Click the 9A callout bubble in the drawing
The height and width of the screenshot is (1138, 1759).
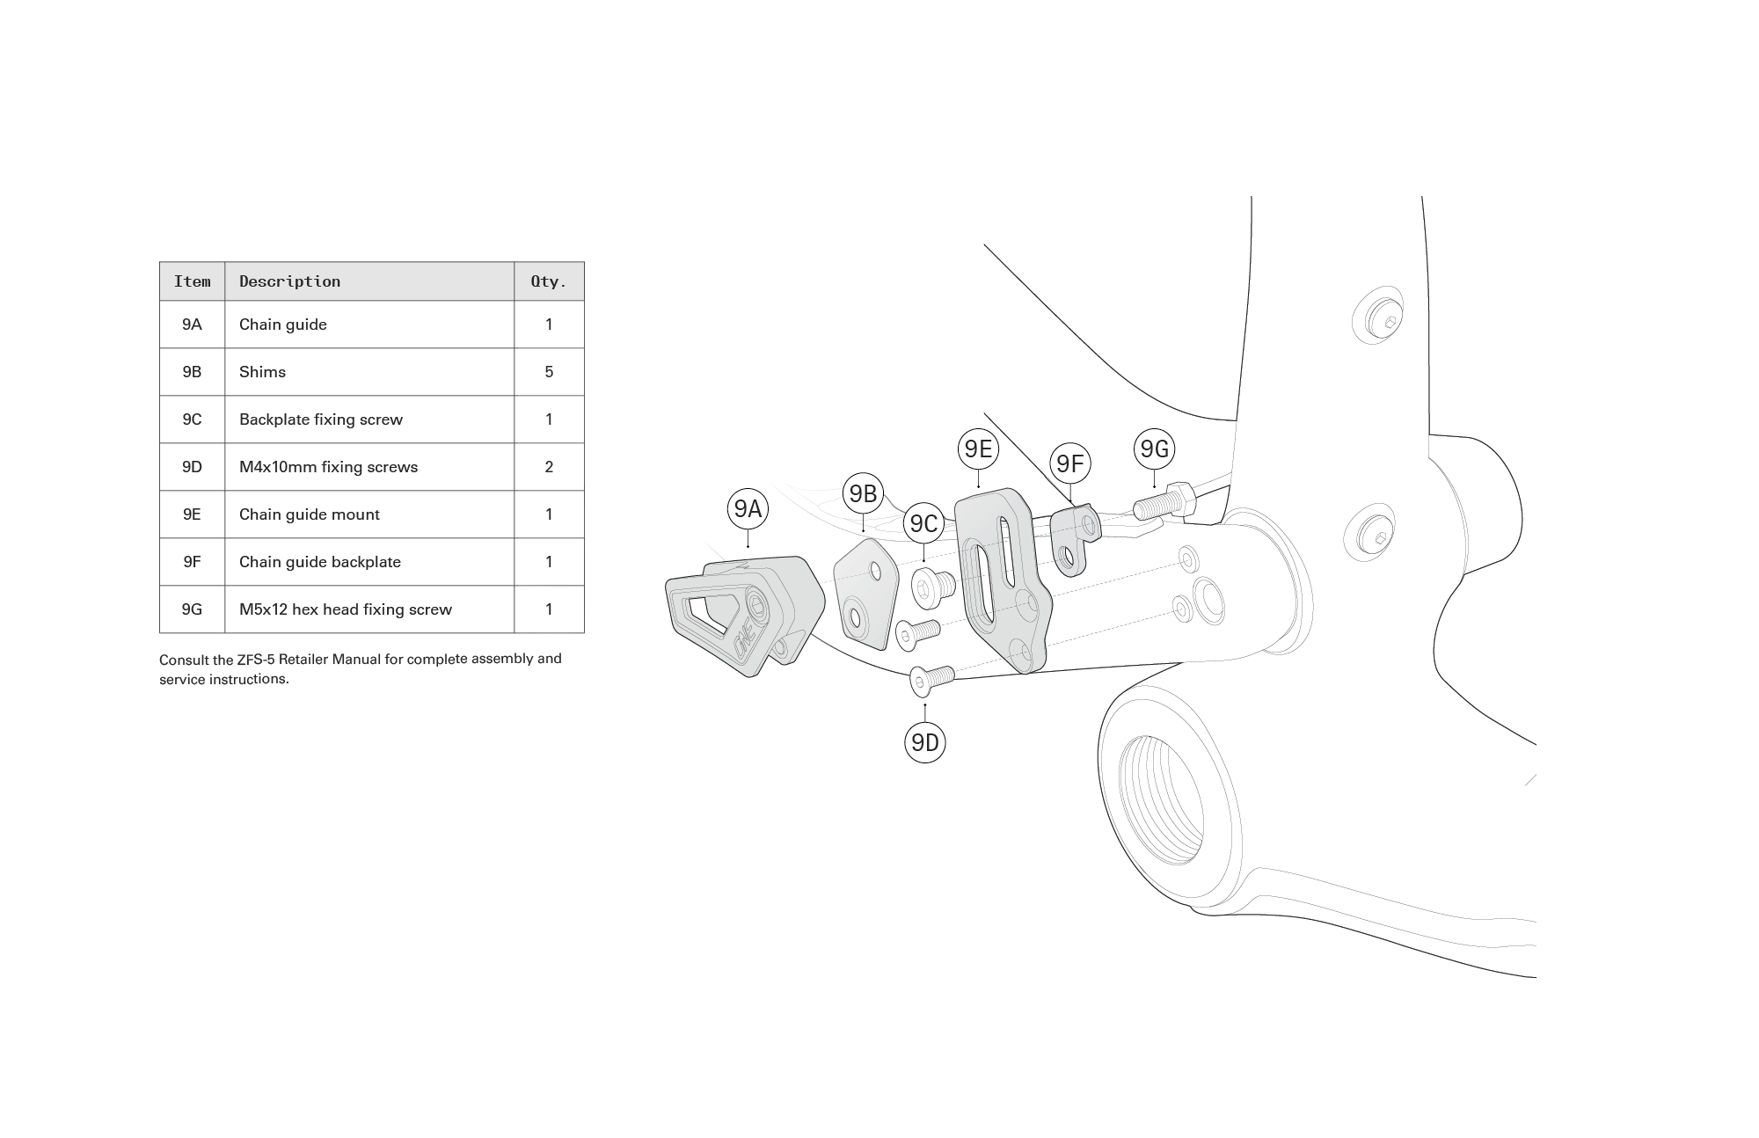point(748,508)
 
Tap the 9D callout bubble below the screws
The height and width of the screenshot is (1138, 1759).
point(924,743)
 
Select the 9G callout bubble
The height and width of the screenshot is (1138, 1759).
point(1154,449)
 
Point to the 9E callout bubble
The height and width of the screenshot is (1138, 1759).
point(978,449)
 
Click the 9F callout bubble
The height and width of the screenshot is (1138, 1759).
point(1069,463)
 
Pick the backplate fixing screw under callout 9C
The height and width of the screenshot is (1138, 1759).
point(930,587)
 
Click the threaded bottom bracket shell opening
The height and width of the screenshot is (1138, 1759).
point(1161,800)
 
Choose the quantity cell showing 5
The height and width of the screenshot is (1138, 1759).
point(549,372)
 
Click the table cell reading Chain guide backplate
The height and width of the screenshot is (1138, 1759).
point(320,562)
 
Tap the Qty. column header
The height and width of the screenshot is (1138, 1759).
point(548,281)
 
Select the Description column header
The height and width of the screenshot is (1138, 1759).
point(289,281)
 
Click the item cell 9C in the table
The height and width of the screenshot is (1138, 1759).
point(192,419)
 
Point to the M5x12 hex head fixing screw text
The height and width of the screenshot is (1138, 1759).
point(345,609)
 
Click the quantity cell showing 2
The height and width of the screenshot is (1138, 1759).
point(549,467)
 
